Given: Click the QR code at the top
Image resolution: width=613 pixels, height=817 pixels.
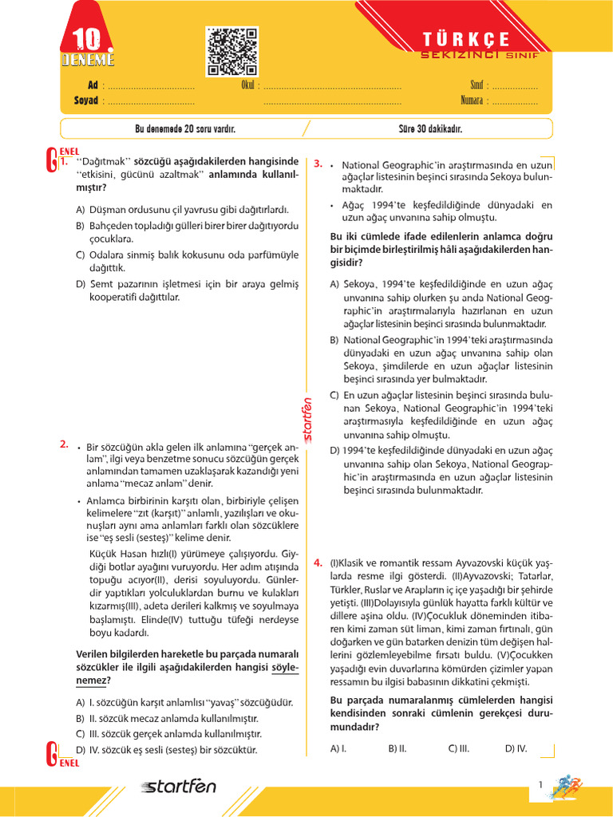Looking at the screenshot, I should click(x=232, y=51).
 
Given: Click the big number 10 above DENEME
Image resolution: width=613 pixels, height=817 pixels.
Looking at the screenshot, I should click(x=88, y=41).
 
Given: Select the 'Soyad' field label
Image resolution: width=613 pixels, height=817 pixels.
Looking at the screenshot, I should click(x=85, y=101).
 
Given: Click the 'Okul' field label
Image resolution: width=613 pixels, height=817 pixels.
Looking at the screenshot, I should click(x=247, y=85).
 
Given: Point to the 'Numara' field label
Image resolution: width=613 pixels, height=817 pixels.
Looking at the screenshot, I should click(x=472, y=101).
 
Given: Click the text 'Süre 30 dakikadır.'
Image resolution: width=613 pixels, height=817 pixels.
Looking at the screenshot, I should click(x=430, y=128).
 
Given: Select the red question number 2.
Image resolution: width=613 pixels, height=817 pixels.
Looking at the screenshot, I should click(x=64, y=444).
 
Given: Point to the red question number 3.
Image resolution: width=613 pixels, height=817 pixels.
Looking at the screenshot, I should click(x=318, y=164).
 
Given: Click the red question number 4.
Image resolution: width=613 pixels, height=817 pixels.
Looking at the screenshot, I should click(x=318, y=561).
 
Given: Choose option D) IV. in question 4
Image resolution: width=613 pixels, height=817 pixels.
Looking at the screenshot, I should click(x=516, y=748).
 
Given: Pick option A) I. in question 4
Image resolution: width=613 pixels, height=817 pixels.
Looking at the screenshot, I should click(x=338, y=748).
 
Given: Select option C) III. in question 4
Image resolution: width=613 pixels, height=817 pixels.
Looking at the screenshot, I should click(x=458, y=748).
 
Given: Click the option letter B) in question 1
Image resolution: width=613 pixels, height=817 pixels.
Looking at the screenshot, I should click(x=80, y=226).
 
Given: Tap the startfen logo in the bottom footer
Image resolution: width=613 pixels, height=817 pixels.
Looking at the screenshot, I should click(x=179, y=787).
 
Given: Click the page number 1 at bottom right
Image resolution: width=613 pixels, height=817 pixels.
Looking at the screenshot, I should click(x=540, y=785).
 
